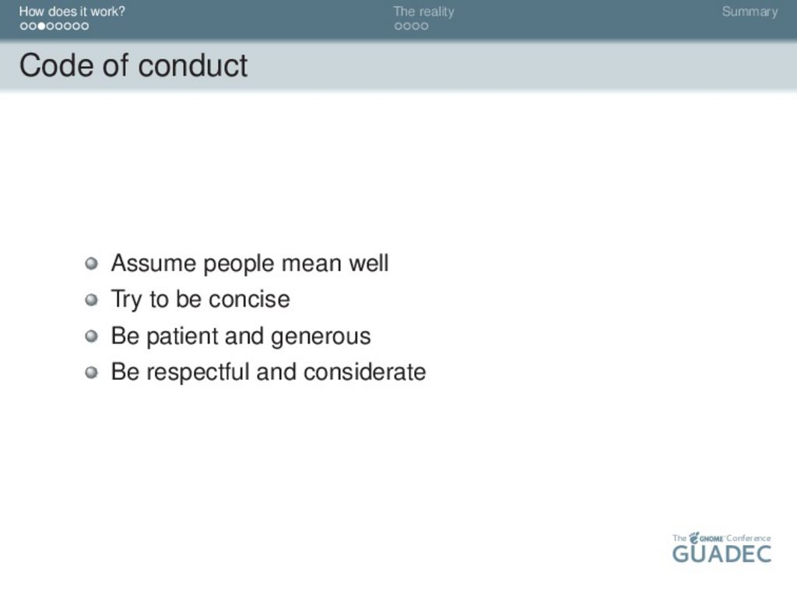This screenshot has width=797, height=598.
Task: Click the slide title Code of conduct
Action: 133,66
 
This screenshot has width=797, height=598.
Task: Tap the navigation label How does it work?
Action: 72,12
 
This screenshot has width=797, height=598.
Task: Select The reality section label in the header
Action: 423,12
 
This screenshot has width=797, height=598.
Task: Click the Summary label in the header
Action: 750,12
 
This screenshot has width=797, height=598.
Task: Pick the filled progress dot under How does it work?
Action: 42,26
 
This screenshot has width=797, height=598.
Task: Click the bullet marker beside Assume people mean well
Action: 92,263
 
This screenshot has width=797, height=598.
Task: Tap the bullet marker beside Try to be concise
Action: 92,300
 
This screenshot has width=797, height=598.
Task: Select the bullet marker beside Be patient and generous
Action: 92,336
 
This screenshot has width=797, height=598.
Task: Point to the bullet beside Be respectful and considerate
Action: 92,373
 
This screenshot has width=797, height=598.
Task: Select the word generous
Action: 321,337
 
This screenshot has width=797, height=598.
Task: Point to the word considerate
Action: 364,372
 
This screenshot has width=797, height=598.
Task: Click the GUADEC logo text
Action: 722,554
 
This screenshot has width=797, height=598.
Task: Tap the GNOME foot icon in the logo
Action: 693,537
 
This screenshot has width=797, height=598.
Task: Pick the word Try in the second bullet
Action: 127,300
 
